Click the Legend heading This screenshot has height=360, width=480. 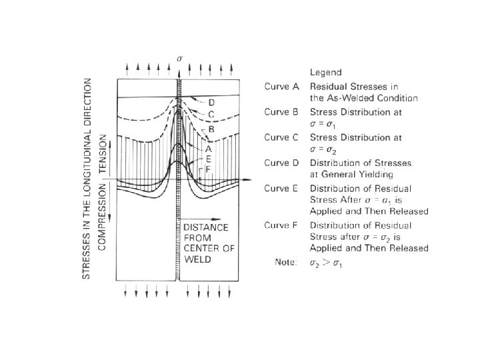coord(325,71)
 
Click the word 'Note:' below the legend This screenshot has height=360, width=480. coord(287,261)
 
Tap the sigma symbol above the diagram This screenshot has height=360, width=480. coord(179,59)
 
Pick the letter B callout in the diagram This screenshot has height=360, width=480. coord(211,127)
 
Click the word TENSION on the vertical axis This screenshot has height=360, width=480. coord(102,155)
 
